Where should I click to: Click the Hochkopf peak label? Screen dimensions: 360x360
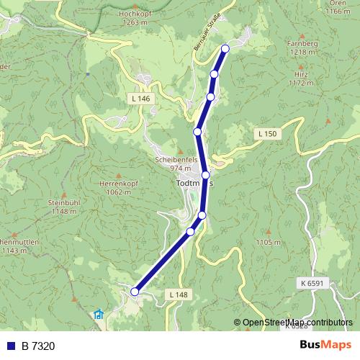pyautogui.click(x=136, y=13)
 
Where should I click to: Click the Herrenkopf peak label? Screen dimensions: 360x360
pyautogui.click(x=119, y=184)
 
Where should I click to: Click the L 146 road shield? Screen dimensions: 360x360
pyautogui.click(x=141, y=97)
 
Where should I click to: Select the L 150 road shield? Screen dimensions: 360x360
pyautogui.click(x=266, y=134)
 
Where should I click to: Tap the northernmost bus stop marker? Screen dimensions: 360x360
pyautogui.click(x=225, y=48)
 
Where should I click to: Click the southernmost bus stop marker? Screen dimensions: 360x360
pyautogui.click(x=135, y=291)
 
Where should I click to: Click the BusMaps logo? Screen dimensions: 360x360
pyautogui.click(x=325, y=345)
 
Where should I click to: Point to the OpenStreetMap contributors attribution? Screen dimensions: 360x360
pyautogui.click(x=297, y=322)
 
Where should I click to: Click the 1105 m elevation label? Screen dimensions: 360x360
pyautogui.click(x=267, y=243)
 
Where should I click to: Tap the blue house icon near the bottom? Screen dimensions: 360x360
pyautogui.click(x=99, y=315)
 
